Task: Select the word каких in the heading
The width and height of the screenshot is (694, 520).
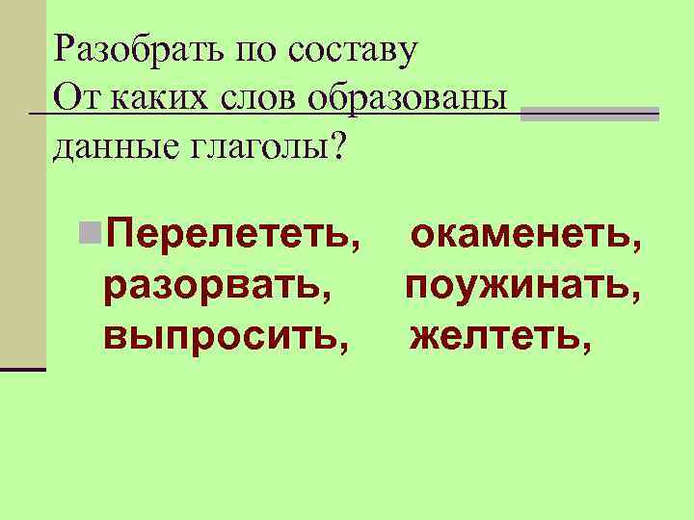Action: [x=154, y=97]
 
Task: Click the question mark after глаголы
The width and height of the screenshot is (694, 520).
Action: [x=335, y=144]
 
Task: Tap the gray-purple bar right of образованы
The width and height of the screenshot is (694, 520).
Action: [x=589, y=114]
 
